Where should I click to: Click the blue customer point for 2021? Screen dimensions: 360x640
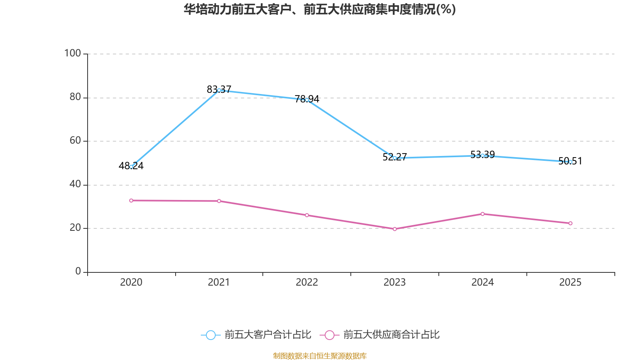point(219,90)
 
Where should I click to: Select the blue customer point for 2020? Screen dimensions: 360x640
point(131,167)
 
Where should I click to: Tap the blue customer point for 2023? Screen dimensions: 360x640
point(395,158)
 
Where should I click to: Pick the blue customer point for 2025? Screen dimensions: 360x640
point(570,162)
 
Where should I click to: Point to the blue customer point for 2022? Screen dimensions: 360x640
point(307,100)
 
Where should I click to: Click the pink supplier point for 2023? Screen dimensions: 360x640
point(395,229)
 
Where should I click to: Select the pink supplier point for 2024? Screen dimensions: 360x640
point(482,214)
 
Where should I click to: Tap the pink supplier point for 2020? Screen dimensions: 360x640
point(131,200)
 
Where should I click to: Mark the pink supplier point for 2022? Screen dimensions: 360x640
point(307,215)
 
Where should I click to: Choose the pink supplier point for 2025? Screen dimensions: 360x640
point(570,223)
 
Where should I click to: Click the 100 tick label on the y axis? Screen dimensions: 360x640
point(72,53)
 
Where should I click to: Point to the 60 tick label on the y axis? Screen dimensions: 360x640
point(75,141)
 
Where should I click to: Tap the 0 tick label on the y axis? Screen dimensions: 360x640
point(78,272)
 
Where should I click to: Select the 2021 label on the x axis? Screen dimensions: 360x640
point(219,282)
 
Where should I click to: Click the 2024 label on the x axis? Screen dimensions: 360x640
point(482,282)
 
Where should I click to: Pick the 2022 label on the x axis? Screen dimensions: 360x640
point(307,282)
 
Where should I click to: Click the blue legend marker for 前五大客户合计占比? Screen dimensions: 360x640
point(210,335)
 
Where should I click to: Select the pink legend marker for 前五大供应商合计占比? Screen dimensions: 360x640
point(329,335)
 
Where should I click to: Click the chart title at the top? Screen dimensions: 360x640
point(320,9)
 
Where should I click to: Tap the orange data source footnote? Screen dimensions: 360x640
point(320,356)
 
